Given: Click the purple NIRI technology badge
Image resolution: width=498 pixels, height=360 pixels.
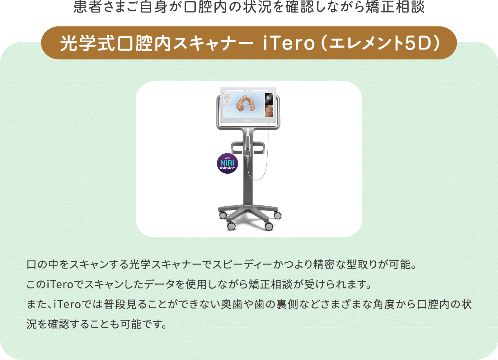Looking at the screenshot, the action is tap(227, 163).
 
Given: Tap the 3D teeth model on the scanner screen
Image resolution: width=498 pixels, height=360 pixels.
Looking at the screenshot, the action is tap(246, 104).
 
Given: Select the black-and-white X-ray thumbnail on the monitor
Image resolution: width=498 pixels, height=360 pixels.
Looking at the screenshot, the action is tap(269, 99).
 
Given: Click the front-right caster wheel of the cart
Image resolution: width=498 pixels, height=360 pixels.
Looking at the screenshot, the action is tap(269, 226).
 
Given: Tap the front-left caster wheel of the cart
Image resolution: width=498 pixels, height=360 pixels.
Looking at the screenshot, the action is tap(231, 226).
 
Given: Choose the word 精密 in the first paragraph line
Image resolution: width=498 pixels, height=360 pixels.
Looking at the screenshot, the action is tap(324, 264).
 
